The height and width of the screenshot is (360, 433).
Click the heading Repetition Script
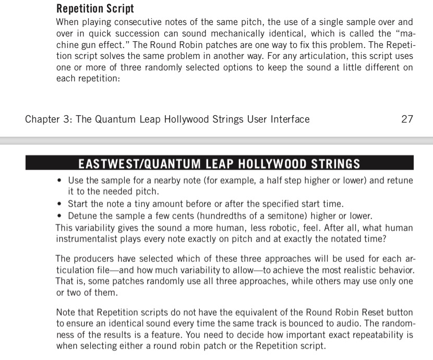click(95, 9)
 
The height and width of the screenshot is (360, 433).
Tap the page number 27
click(407, 119)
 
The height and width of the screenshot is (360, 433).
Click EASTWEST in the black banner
click(107, 164)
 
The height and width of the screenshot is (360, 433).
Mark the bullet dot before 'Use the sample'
click(60, 181)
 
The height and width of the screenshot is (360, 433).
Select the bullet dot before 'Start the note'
click(60, 204)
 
